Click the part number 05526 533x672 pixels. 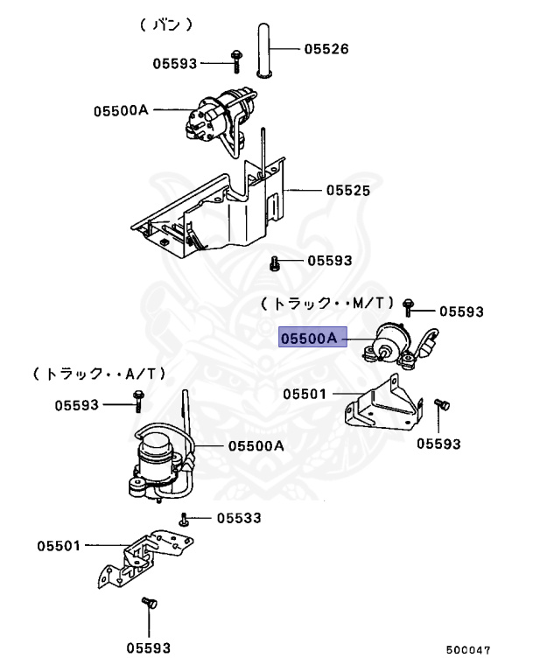(326, 49)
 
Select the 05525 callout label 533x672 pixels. (348, 190)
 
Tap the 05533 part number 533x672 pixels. (239, 518)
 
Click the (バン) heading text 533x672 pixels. (165, 25)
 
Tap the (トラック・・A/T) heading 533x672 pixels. (99, 374)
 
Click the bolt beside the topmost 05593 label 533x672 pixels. (236, 60)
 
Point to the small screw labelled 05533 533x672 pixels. (185, 519)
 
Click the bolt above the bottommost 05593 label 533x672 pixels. (147, 604)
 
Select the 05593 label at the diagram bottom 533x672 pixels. (148, 647)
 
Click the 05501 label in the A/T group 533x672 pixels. (59, 546)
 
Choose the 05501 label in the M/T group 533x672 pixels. (305, 394)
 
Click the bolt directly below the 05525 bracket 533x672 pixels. (275, 262)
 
